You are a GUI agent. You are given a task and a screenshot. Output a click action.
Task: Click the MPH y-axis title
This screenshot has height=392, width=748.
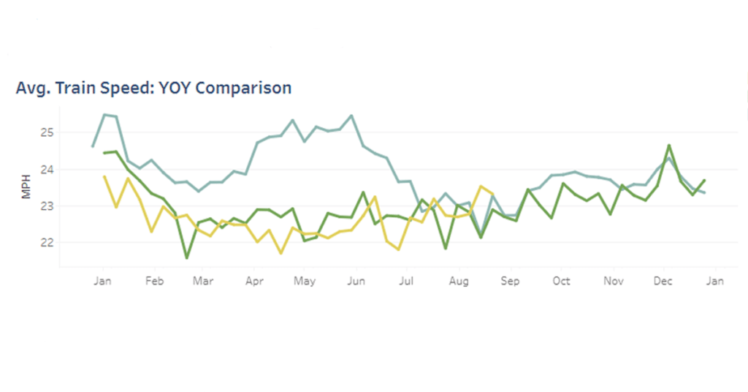click(26, 188)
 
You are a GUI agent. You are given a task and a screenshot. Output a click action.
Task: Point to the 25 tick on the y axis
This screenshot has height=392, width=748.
click(47, 132)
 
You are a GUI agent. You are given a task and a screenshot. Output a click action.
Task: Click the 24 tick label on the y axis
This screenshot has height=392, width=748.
click(47, 169)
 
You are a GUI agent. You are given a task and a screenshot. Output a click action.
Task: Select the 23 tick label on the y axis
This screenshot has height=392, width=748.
click(47, 206)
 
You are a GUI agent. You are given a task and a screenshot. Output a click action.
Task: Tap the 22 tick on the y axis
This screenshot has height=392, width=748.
click(47, 242)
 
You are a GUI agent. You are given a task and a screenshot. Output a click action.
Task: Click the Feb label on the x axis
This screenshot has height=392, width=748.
click(153, 281)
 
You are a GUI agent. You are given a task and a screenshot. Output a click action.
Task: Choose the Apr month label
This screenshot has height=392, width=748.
click(254, 281)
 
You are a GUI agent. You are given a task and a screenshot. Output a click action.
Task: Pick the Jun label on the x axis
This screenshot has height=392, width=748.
click(356, 281)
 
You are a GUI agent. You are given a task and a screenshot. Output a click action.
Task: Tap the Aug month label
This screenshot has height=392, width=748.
click(459, 281)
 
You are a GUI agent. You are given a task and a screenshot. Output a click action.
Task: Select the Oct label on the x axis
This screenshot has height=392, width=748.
click(561, 281)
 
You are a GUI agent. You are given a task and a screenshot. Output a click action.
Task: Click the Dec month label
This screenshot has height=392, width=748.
click(663, 281)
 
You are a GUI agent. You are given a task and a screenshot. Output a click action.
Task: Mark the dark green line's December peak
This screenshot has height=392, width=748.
click(669, 146)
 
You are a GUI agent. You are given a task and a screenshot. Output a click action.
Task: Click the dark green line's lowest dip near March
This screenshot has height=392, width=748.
click(186, 257)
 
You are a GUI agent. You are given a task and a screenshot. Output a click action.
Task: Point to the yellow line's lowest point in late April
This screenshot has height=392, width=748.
click(280, 253)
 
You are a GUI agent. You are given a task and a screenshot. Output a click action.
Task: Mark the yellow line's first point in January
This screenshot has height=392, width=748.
click(104, 176)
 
